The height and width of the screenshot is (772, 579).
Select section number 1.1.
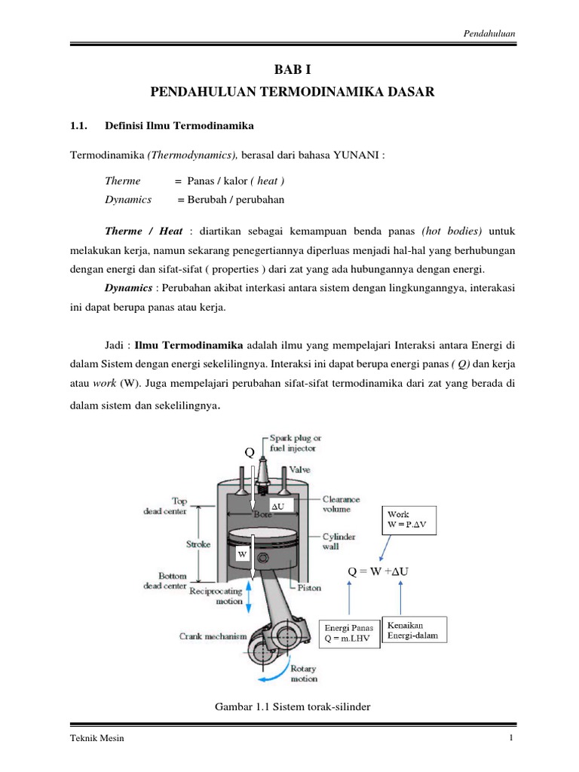[x=80, y=124]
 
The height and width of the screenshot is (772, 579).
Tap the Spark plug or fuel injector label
[x=298, y=443]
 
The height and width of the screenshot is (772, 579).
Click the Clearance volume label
[x=341, y=504]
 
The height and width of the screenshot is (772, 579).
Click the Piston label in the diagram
[x=309, y=587]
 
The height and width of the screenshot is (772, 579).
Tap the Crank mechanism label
[x=213, y=636]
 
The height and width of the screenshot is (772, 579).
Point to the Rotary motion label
[x=303, y=673]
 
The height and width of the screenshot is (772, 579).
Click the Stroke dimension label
[x=198, y=544]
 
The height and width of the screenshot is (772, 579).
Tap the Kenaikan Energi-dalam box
[x=415, y=630]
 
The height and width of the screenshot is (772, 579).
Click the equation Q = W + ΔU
[x=378, y=571]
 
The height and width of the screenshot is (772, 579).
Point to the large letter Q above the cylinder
[x=250, y=452]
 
